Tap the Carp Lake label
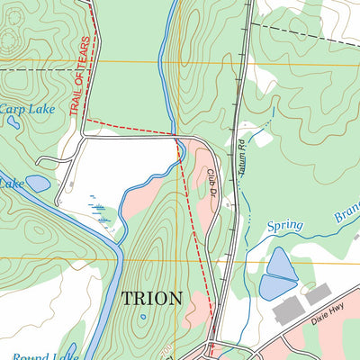pos(28,109)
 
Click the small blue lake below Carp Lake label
pos(38,184)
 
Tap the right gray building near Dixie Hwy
pos(318,294)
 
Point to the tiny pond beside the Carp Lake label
pos(13,122)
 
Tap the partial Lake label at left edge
pos(11,183)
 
